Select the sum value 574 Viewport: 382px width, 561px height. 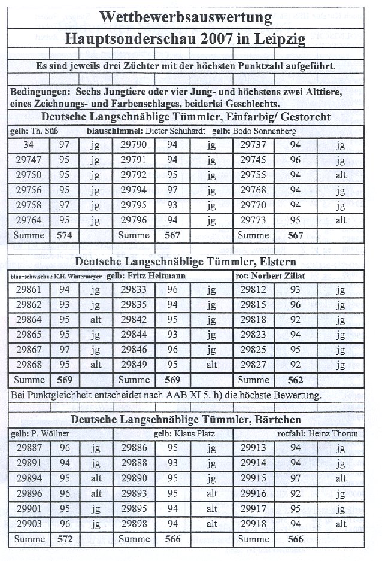click(x=64, y=235)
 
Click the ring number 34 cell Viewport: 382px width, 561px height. click(x=29, y=145)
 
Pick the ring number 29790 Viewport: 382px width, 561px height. click(x=133, y=145)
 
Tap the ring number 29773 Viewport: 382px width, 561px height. click(x=253, y=220)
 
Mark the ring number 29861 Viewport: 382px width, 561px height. click(x=29, y=290)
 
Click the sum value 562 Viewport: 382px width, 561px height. click(x=295, y=380)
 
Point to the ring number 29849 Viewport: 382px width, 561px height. click(x=133, y=365)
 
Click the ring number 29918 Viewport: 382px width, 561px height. click(x=253, y=524)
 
